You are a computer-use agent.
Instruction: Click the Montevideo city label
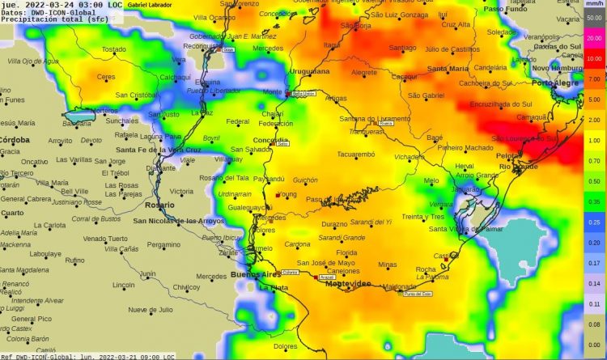click(348, 284)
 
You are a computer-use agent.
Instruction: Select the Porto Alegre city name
click(554, 83)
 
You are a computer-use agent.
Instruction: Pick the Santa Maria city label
click(448, 69)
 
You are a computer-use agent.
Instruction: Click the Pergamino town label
click(163, 244)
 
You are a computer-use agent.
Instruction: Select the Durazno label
click(334, 223)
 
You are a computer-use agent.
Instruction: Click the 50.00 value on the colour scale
click(594, 17)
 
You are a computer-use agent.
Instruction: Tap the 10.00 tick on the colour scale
click(594, 59)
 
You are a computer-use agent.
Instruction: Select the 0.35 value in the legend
click(594, 201)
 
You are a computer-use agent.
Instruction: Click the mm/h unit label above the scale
click(593, 5)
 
